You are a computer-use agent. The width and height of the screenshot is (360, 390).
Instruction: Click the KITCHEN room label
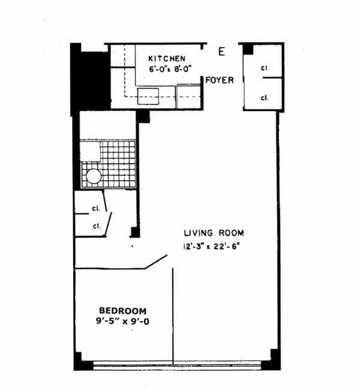pos(167,58)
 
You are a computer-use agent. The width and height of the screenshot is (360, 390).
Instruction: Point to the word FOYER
pos(220,80)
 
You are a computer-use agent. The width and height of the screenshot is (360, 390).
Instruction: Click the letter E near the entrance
pos(221,52)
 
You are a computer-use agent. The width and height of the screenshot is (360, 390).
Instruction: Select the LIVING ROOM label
pos(214,233)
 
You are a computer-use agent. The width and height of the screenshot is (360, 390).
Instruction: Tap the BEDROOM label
pos(123,310)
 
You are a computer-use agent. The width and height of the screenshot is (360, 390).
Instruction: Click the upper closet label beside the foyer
pos(264,68)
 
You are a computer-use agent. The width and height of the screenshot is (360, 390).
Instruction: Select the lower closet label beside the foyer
pos(264,97)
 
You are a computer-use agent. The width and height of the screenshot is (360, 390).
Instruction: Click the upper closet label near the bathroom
pos(95,209)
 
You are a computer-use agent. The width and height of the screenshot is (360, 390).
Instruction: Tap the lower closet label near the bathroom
pos(95,226)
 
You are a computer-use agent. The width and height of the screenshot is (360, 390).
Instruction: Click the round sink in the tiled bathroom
pos(94,176)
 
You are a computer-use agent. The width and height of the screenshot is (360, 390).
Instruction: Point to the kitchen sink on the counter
pos(148,94)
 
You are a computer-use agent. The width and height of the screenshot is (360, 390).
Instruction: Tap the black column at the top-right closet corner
pos(247,49)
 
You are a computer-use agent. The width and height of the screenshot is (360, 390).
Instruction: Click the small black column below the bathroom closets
pos(135,232)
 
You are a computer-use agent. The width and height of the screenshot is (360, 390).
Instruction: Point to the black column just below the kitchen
pos(143,116)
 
